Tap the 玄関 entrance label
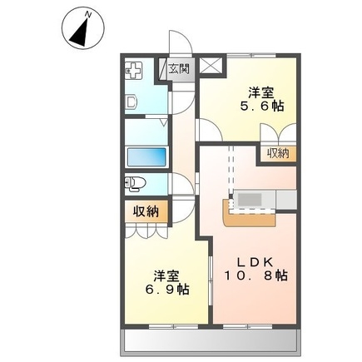click(x=179, y=69)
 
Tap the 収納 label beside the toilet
click(x=146, y=211)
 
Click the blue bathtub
click(x=145, y=157)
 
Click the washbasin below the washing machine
click(x=131, y=102)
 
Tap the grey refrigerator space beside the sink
click(x=285, y=200)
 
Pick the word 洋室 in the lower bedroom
click(x=166, y=275)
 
